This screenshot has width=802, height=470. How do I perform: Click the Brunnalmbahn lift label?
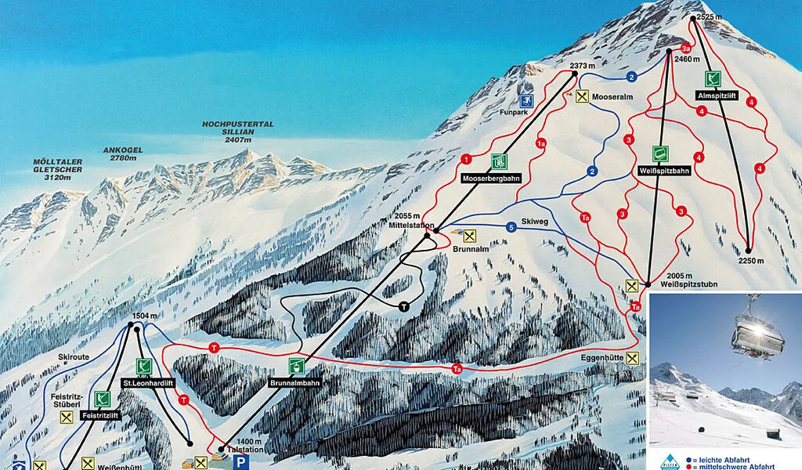coord(296,384)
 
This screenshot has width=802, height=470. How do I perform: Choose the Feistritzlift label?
coord(99,415)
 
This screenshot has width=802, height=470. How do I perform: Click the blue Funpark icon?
coord(527,100)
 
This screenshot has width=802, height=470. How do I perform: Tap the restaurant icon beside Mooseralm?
coord(582,96)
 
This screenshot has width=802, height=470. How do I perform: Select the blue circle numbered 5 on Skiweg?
coord(511,227)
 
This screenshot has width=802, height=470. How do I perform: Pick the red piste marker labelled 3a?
coord(685,48)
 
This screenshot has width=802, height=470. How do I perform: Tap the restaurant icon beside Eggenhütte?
coord(633,358)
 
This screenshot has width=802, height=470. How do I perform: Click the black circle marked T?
coord(404,305)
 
